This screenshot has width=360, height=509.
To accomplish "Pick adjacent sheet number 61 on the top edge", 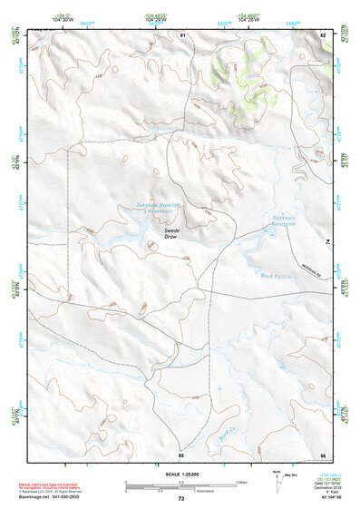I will pos(181,34).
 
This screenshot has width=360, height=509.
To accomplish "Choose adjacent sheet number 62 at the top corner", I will pos(322,34).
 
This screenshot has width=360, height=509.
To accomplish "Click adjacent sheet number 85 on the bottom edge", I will pos(181,453).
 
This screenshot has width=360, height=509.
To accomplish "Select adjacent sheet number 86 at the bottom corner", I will pos(322,453).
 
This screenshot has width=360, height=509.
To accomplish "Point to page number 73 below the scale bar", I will pos(180,500).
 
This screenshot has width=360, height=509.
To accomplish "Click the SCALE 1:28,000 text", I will pos(180,475).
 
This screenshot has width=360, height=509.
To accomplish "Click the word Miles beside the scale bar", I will pos(240,481).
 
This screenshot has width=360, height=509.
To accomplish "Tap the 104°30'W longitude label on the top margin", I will pos(62,18).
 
